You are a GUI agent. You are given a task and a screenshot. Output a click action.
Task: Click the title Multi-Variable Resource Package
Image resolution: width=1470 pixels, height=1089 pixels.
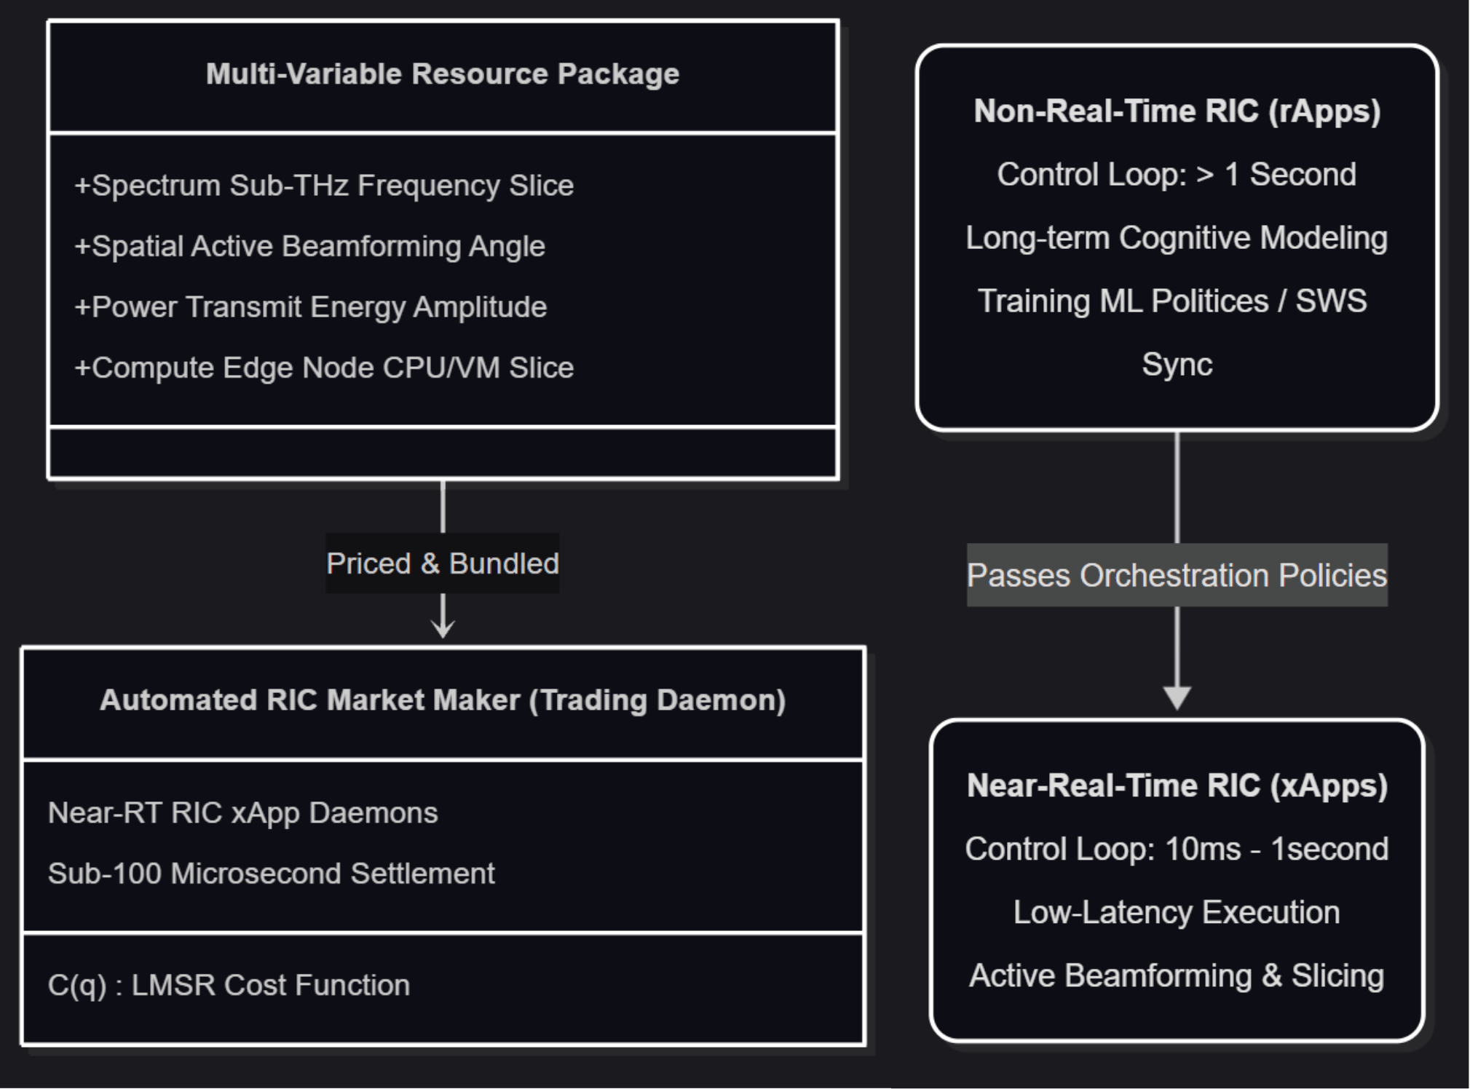coord(443,74)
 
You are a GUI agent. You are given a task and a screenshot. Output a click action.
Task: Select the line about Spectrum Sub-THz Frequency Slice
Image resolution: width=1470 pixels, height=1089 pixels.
coord(324,186)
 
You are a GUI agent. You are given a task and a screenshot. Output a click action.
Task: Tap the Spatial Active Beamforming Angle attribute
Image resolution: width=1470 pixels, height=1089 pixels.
coord(309,247)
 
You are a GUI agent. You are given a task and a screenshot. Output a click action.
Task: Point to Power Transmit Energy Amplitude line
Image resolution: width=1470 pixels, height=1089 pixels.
coord(310,307)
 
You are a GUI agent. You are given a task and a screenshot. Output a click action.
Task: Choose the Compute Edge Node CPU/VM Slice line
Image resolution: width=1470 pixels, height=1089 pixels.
coord(324,368)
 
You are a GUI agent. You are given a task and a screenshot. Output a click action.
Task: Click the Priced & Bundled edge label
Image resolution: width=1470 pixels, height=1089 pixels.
coord(443,563)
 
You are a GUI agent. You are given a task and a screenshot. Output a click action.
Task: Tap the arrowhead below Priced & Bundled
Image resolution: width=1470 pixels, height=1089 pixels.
coord(443,628)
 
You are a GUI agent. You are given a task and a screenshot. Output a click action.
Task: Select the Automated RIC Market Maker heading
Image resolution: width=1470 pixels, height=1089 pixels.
coord(443,700)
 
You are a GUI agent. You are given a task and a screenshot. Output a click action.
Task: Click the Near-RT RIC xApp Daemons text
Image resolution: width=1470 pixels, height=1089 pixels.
coord(242,813)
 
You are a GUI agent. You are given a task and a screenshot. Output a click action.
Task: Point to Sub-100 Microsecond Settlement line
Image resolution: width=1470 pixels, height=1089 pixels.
coord(271,874)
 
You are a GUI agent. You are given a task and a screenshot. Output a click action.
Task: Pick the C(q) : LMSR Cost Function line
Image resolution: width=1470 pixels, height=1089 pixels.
coord(229,986)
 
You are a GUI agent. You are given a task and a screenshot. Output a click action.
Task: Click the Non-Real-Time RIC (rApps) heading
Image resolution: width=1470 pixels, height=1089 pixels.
coord(1177,111)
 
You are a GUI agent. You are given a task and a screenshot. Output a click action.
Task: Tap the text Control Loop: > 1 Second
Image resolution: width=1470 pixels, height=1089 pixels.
coord(1177,175)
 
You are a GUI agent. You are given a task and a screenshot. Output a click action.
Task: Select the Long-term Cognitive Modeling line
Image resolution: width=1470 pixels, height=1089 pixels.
coord(1177,238)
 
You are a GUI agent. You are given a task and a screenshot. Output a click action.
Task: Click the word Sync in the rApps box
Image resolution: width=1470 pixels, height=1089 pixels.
coord(1177,365)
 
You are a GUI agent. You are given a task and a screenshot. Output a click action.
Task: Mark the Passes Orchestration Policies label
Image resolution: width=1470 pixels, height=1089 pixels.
coord(1177,576)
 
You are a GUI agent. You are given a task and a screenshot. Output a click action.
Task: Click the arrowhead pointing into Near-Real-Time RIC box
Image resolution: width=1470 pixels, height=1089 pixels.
coord(1177,698)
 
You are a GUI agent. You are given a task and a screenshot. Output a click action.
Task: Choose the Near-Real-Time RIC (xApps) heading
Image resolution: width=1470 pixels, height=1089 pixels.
coord(1177,786)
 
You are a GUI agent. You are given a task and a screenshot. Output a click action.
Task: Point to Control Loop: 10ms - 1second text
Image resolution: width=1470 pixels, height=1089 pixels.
coord(1177,850)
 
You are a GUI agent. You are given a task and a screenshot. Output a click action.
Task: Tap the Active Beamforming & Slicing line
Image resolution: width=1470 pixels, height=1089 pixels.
coord(1177,976)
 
